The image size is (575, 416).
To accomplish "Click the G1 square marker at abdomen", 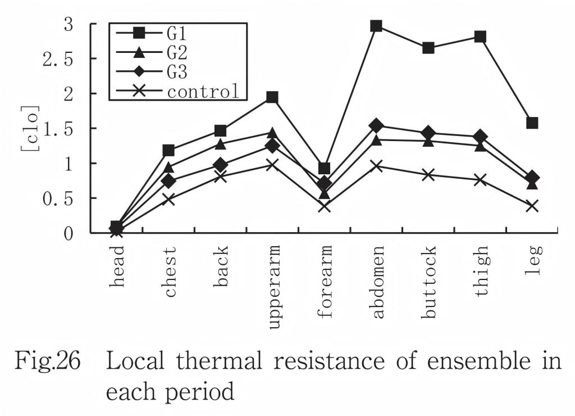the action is [x=376, y=26].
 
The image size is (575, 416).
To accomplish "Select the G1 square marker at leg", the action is [x=532, y=123].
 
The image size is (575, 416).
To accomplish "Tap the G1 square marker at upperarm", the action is [x=272, y=97].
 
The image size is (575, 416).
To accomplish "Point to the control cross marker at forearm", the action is [x=325, y=206].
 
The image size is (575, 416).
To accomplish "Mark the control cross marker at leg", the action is [x=532, y=206].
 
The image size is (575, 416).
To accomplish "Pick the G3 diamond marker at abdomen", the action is [x=376, y=126].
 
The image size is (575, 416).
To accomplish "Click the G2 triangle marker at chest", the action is [x=168, y=168].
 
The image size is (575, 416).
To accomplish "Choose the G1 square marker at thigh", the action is [x=480, y=37].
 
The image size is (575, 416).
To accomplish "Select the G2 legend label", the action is [x=177, y=52].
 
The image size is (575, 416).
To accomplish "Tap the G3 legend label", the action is [x=177, y=71].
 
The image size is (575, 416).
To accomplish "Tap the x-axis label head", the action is [x=117, y=266].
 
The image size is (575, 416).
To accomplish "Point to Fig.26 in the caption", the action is [x=47, y=361].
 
